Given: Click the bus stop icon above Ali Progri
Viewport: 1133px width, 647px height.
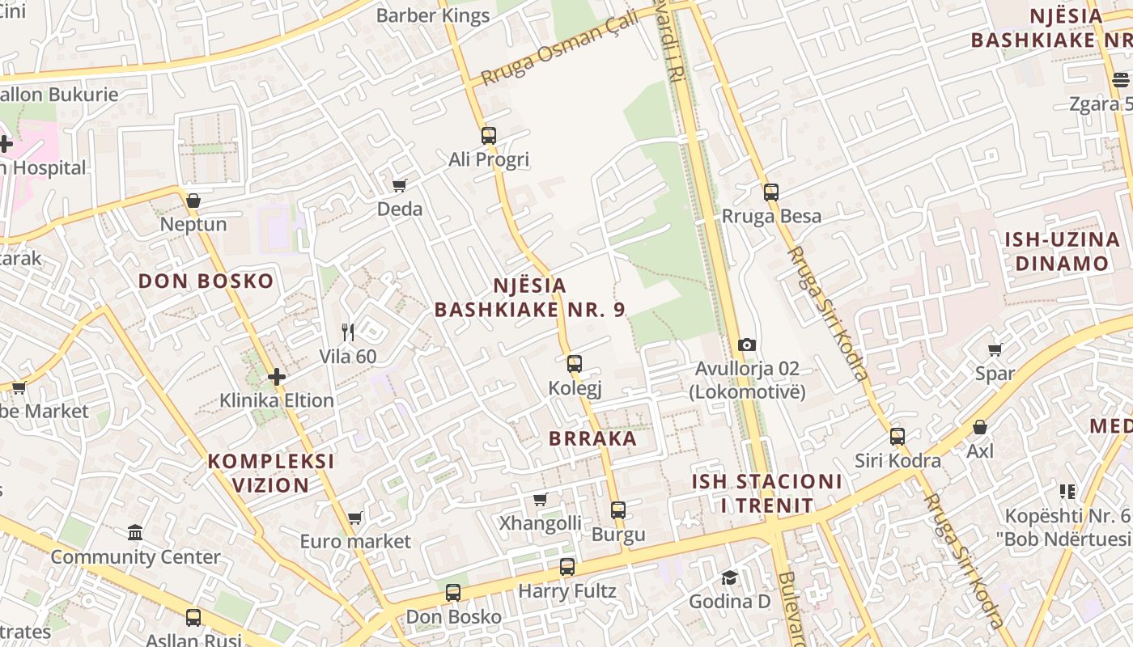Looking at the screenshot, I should point(488,135).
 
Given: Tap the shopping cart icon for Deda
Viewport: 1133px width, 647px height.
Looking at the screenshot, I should point(399,186).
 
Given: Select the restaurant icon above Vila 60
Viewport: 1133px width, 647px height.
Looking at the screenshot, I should point(348,332).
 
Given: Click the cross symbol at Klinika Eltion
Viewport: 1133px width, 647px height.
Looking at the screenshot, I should point(277,377).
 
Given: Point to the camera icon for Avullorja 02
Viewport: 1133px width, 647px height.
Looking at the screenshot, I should point(747,345).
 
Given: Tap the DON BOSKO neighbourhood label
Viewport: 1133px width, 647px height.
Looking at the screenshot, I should point(206,281).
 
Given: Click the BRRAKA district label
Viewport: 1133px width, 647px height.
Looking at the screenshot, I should point(592,439).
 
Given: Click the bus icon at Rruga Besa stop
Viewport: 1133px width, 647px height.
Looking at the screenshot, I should point(770,192).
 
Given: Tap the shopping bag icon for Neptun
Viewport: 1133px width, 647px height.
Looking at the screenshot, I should point(193,201).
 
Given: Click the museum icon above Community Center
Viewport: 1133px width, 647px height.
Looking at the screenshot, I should point(135,533).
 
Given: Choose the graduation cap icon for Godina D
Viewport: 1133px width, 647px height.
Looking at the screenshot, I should point(729,577).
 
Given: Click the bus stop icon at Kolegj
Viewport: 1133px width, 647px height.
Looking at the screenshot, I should point(574,364).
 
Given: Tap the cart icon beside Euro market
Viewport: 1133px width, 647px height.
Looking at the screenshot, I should point(354,518).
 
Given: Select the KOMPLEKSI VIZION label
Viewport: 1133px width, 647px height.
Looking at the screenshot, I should point(271,473).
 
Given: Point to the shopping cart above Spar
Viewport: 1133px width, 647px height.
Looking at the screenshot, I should point(995,349).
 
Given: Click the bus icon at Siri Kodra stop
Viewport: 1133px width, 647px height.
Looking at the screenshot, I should point(897,437).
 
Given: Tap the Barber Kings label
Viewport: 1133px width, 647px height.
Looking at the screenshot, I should point(433,15).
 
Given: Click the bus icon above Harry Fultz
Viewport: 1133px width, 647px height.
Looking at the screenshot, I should point(566,567).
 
